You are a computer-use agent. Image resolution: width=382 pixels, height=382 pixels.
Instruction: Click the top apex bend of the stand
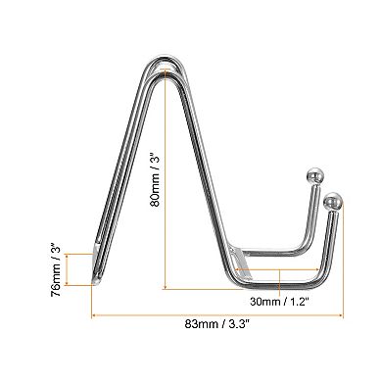click(167, 67)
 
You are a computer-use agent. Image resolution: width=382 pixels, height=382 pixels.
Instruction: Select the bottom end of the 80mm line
click(164, 289)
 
